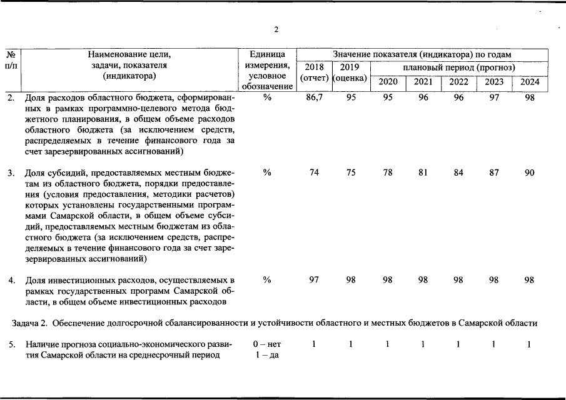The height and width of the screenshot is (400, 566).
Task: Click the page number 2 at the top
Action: tap(276, 29)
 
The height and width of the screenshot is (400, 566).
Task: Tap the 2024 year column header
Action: tap(530, 82)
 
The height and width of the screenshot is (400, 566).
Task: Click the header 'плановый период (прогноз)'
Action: tap(458, 67)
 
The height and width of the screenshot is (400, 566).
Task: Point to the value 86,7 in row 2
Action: tap(315, 98)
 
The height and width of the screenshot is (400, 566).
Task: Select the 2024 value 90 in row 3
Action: tap(530, 173)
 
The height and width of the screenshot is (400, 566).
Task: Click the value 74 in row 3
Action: tap(315, 173)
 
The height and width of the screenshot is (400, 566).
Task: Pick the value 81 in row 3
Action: tap(423, 173)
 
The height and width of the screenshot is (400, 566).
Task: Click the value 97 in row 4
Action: tap(315, 280)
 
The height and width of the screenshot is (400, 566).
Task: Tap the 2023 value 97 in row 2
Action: tap(494, 98)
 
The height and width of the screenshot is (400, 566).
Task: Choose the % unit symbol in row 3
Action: tap(267, 173)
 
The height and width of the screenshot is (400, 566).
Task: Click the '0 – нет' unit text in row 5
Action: tap(267, 344)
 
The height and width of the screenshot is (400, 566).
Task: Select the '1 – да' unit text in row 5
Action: tap(267, 356)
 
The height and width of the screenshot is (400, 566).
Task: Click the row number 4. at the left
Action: tap(11, 280)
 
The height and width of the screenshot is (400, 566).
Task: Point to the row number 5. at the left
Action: tap(11, 344)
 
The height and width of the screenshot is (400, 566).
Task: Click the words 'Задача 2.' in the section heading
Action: tap(30, 323)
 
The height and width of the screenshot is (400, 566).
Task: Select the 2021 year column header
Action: tap(423, 82)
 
